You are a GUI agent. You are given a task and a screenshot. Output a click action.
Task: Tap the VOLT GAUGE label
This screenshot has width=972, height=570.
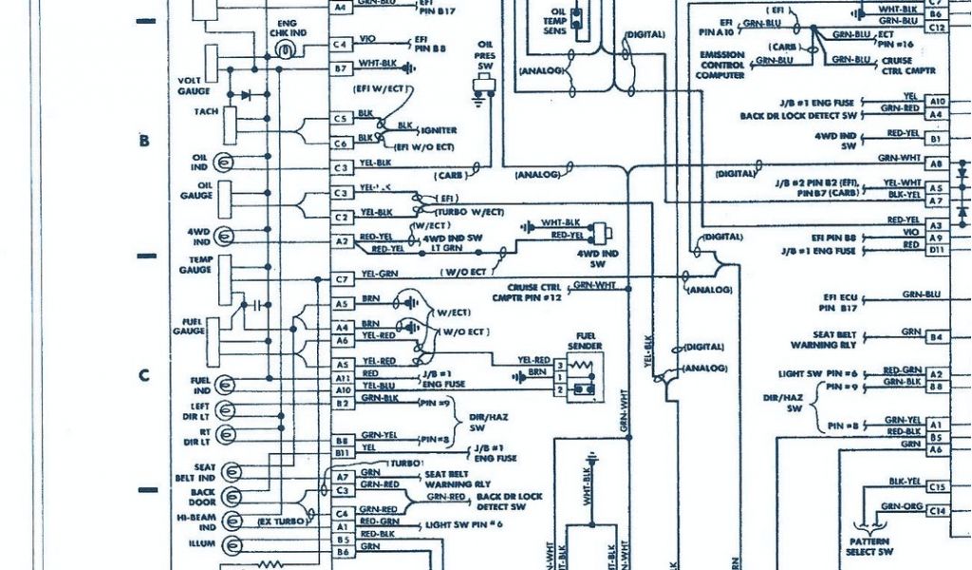click(194, 85)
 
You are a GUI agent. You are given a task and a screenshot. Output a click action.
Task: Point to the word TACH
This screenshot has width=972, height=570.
click(206, 112)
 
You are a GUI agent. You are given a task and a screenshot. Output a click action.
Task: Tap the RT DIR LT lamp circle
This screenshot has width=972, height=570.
click(226, 438)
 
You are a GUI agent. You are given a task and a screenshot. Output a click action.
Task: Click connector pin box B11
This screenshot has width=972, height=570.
click(341, 453)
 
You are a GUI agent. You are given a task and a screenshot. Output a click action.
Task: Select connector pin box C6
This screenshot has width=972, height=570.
click(341, 143)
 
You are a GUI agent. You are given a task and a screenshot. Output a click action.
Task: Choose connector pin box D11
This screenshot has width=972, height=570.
click(937, 249)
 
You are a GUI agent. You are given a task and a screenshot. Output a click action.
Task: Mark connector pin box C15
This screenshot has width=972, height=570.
click(938, 486)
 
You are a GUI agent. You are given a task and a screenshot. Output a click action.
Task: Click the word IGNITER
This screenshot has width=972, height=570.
click(439, 130)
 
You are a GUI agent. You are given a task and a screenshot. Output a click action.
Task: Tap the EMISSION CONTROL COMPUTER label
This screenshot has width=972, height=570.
click(720, 66)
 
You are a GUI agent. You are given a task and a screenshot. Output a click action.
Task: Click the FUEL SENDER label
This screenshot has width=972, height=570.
click(585, 342)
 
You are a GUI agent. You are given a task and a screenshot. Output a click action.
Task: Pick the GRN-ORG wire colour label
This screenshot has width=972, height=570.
click(901, 507)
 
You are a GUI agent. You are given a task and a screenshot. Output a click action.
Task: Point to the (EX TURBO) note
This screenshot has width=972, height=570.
click(282, 522)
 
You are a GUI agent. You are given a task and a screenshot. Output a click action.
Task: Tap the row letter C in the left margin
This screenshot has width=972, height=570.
click(144, 375)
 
